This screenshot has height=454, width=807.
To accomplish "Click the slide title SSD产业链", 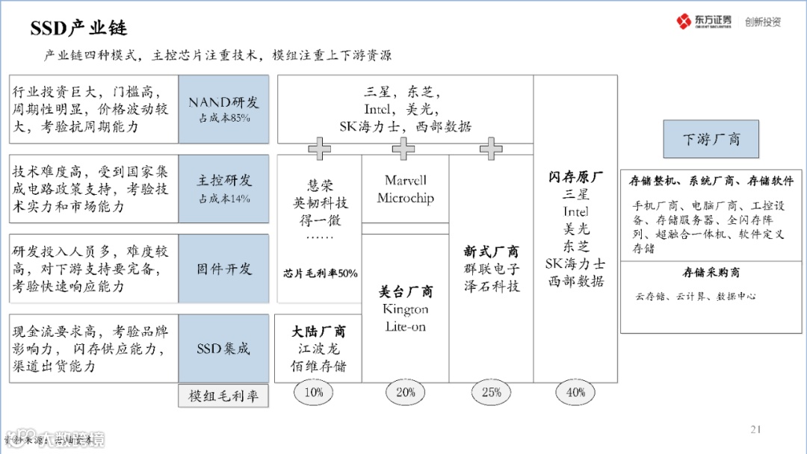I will (x=79, y=28).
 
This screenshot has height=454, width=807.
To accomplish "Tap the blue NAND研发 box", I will (x=223, y=109).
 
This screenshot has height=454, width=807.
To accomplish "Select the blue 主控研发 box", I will (x=223, y=188).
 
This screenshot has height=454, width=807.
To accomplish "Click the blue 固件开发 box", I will (x=223, y=269).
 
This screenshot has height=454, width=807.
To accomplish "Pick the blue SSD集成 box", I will (x=223, y=349).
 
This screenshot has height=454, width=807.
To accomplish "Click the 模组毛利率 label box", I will (x=223, y=397).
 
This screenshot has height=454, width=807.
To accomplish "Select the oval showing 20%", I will (x=405, y=392).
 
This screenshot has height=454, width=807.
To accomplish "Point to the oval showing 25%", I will (x=491, y=392).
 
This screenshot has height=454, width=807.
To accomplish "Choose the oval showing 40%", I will (x=575, y=392).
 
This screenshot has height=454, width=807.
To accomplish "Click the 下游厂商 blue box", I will (x=711, y=140).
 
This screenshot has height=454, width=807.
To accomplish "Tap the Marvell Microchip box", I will (x=405, y=189).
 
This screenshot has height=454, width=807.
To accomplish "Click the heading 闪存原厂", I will (x=575, y=177).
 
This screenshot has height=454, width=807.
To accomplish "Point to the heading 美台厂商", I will (x=405, y=291).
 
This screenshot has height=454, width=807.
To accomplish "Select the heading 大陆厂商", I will (x=318, y=332).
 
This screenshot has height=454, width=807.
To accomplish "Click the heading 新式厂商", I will (x=491, y=252).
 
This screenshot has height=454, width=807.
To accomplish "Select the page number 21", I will (x=755, y=429).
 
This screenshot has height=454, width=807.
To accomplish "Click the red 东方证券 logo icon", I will (x=684, y=21).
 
